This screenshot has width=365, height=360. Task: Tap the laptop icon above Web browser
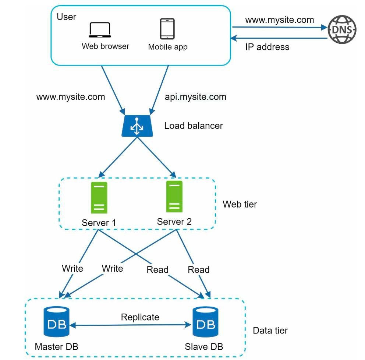100,30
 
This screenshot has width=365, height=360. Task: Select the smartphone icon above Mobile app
167,29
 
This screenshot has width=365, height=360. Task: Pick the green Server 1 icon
99,198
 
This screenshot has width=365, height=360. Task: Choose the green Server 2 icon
174,197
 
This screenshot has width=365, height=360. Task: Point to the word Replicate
140,317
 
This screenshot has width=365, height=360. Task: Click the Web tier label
240,204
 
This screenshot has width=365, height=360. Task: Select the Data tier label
270,331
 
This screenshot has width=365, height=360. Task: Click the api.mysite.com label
196,97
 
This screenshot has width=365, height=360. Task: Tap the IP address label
267,47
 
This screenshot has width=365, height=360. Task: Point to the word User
66,17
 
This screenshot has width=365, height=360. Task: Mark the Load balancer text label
194,126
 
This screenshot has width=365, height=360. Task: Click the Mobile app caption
167,47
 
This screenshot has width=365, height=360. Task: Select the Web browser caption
105,46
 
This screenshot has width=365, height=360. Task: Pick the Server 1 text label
99,223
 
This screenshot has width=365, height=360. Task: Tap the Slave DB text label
204,346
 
